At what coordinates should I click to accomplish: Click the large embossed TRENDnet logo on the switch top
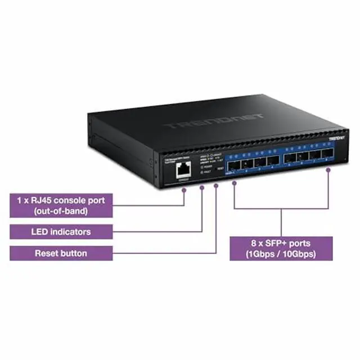pyautogui.click(x=213, y=121)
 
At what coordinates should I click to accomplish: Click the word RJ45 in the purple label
pyautogui.click(x=48, y=200)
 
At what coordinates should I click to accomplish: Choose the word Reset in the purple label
pyautogui.click(x=47, y=253)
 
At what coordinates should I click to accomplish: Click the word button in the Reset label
pyautogui.click(x=74, y=253)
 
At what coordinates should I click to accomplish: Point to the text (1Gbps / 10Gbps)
pyautogui.click(x=281, y=254)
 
